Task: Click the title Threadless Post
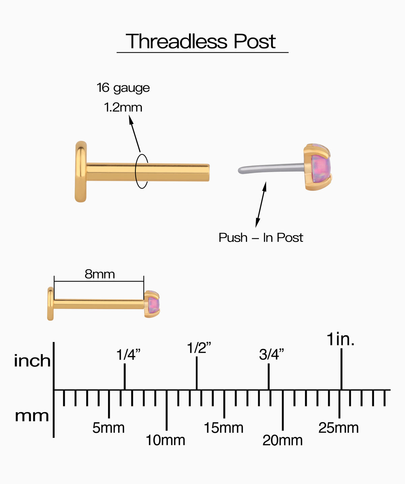click(200, 42)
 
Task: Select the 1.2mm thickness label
click(123, 107)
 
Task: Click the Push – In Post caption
click(261, 238)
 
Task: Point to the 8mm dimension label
click(100, 274)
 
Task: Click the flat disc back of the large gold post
click(81, 171)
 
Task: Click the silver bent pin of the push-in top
click(271, 168)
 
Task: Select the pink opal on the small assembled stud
click(154, 304)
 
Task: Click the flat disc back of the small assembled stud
click(50, 304)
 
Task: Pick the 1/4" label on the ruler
click(128, 354)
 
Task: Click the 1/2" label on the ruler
click(199, 348)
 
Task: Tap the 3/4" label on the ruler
click(271, 354)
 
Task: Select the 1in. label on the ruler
click(340, 339)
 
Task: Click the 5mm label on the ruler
click(108, 428)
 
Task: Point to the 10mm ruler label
click(165, 440)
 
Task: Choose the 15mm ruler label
click(223, 428)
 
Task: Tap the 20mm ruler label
click(282, 440)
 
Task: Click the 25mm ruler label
click(339, 428)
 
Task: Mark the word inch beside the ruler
click(32, 361)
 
